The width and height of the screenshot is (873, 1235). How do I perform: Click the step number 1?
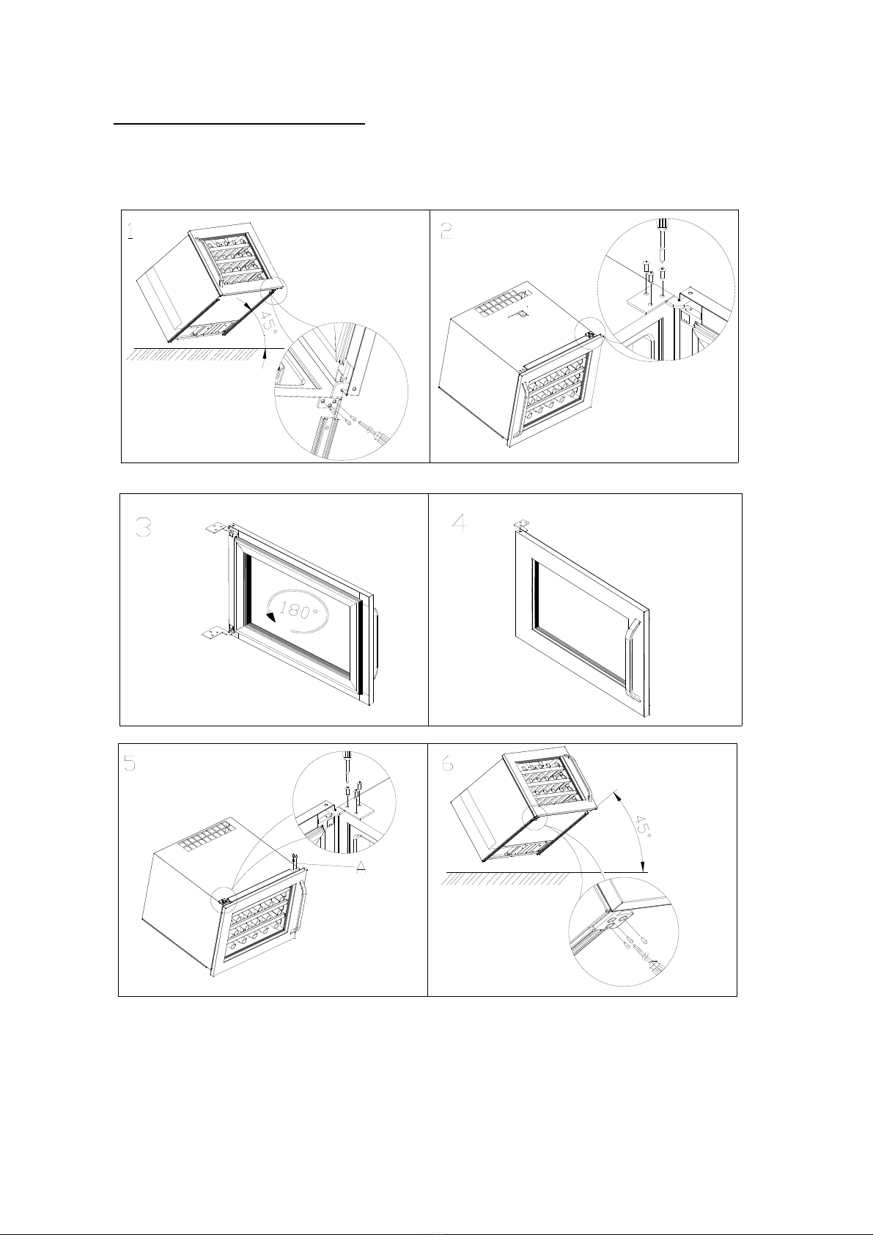coord(130,230)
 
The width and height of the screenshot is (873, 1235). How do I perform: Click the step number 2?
coord(446,230)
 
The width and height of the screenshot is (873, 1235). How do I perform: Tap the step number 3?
coord(144,528)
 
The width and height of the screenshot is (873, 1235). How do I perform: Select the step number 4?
coord(460,523)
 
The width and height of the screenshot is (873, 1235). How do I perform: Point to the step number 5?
coord(130,763)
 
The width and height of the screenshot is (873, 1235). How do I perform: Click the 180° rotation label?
coord(295,610)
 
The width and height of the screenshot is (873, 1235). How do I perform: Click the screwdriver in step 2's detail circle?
coord(661,240)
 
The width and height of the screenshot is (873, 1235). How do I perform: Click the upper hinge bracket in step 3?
coord(215,528)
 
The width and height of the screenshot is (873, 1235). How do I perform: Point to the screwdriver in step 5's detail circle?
coord(347,764)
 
